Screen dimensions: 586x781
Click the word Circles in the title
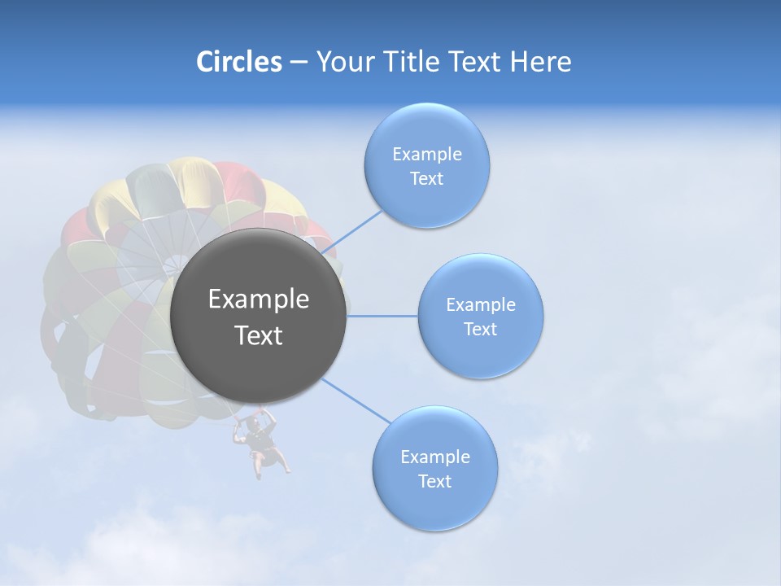(239, 62)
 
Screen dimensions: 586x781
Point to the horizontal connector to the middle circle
(382, 316)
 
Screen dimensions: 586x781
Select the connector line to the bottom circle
(355, 400)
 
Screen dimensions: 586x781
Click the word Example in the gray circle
(259, 300)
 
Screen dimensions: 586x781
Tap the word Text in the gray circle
(259, 335)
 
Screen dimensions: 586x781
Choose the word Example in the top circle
(426, 155)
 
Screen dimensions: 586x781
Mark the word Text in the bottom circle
(434, 482)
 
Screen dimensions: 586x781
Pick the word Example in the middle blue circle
(481, 305)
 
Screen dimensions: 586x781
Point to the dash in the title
(299, 63)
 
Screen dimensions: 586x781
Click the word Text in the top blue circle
(426, 179)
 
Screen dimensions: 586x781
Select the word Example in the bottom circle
(434, 457)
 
